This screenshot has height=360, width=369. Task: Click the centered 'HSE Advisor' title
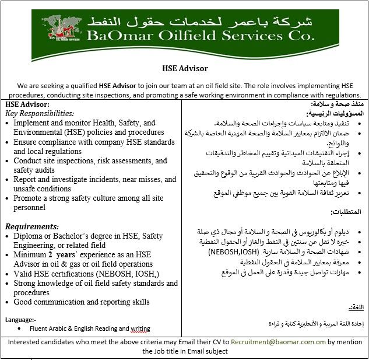[185, 68]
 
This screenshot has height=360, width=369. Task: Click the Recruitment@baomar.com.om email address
[278, 342]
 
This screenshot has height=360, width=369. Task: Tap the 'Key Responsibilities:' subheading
[40, 114]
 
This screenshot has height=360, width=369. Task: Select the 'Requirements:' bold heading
[32, 226]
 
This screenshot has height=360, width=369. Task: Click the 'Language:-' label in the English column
[21, 320]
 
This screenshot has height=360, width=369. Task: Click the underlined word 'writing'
[140, 329]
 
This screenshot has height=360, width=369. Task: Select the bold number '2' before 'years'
[51, 255]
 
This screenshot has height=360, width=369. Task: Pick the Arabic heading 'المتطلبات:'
[347, 212]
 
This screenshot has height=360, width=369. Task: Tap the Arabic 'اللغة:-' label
[355, 307]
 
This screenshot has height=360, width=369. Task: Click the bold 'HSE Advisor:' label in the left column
[27, 104]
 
